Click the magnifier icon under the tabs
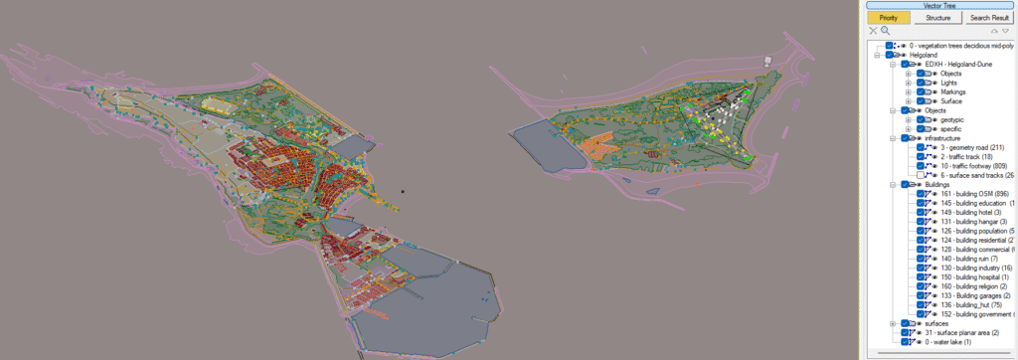pyautogui.click(x=885, y=31)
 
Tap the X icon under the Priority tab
pyautogui.click(x=873, y=31)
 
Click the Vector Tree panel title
pyautogui.click(x=938, y=5)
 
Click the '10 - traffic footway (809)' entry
pyautogui.click(x=972, y=165)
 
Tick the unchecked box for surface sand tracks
pyautogui.click(x=921, y=175)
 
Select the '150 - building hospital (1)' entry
pyautogui.click(x=976, y=276)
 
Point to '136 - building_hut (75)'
pyautogui.click(x=972, y=304)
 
